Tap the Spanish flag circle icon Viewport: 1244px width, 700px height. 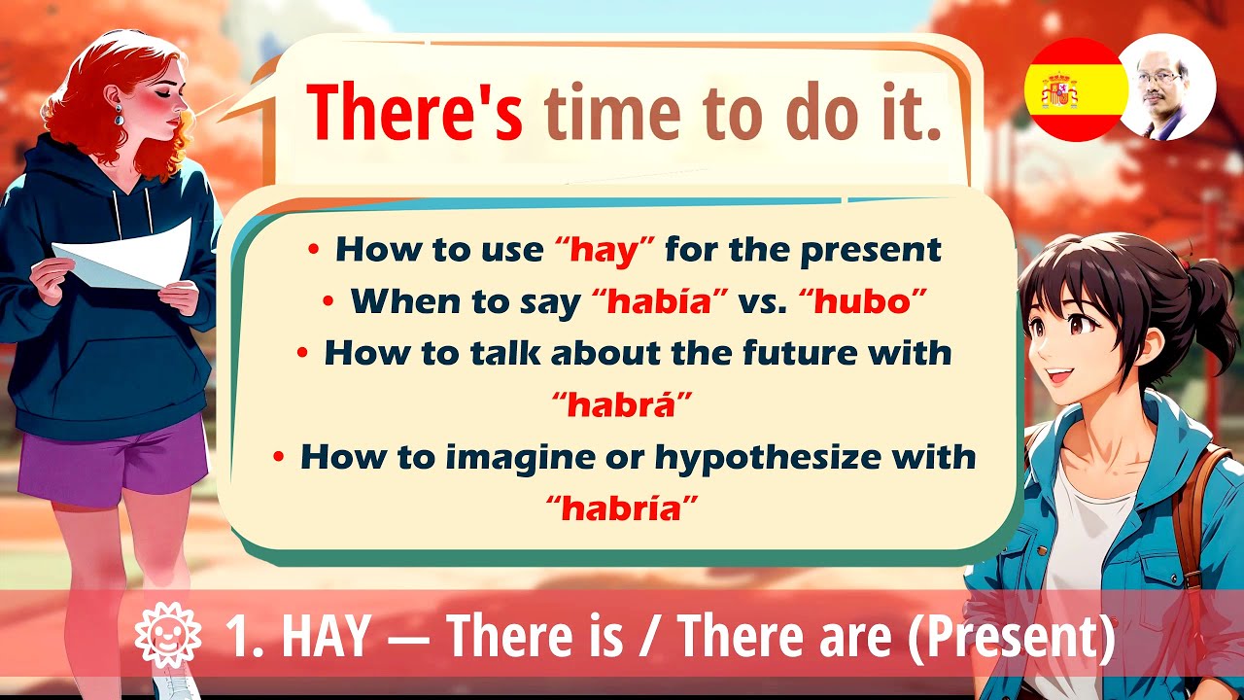coord(1074,90)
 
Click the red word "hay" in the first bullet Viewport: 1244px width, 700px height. coord(608,250)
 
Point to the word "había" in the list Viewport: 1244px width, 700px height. coord(660,301)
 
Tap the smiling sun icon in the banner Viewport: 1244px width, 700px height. coord(167,637)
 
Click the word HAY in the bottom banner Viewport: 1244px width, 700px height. coord(326,637)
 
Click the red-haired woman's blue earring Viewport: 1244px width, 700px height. coord(119,116)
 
